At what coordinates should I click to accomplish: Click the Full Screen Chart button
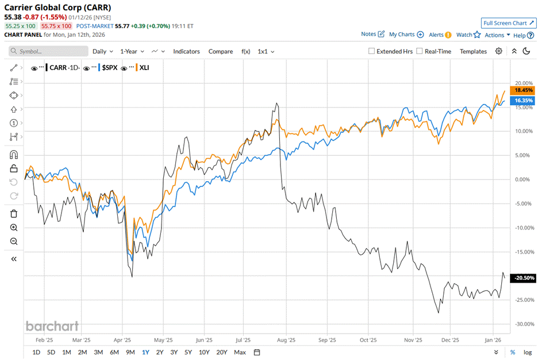[509, 23]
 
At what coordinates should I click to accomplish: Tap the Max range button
[240, 352]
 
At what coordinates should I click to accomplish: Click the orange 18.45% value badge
[524, 90]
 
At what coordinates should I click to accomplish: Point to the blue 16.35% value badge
[524, 100]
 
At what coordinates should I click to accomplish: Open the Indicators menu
[186, 51]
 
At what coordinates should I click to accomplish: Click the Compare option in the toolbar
[221, 51]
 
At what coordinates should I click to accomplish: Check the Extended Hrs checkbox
[371, 51]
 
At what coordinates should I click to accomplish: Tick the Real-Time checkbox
[420, 51]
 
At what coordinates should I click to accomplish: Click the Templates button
[473, 51]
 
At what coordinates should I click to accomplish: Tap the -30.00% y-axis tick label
[522, 324]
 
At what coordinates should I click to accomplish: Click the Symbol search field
[49, 51]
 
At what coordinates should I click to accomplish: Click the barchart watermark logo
[52, 326]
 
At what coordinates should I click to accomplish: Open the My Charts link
[406, 35]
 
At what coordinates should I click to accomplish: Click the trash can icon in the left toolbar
[14, 214]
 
